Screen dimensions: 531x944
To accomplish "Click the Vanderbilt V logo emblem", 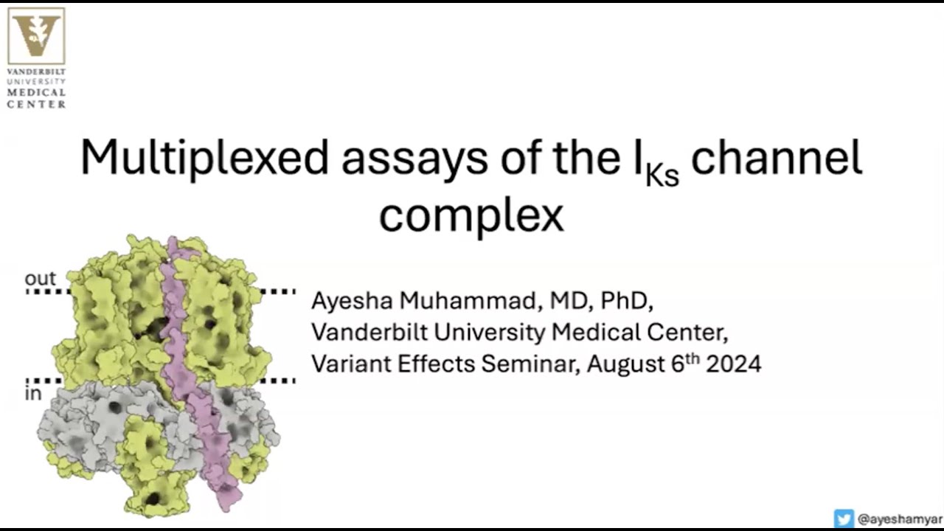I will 36,36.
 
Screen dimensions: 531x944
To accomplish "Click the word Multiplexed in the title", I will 204,158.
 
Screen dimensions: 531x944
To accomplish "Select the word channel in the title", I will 777,158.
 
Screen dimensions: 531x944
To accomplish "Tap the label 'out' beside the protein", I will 40,279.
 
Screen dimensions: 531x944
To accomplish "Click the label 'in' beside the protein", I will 33,394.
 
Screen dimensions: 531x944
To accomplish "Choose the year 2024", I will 733,364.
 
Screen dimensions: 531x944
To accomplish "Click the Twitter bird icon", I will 844,518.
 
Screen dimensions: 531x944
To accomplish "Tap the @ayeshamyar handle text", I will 900,519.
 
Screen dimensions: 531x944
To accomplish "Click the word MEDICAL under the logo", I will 36,93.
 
